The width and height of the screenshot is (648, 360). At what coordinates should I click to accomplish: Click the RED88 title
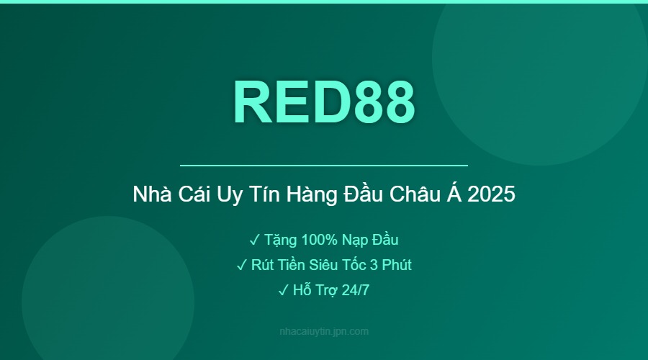pyautogui.click(x=324, y=102)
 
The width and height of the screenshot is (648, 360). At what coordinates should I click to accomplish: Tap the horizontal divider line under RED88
pyautogui.click(x=324, y=166)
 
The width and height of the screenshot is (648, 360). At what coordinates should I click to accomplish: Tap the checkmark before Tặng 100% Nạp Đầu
pyautogui.click(x=254, y=240)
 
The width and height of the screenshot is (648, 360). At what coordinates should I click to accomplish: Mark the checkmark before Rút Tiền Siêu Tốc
pyautogui.click(x=242, y=265)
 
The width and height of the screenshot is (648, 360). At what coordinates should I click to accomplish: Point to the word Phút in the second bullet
pyautogui.click(x=396, y=265)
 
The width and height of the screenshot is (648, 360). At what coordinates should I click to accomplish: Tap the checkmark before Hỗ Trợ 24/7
pyautogui.click(x=282, y=290)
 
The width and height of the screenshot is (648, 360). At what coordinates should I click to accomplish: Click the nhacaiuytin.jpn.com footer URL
pyautogui.click(x=324, y=332)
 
